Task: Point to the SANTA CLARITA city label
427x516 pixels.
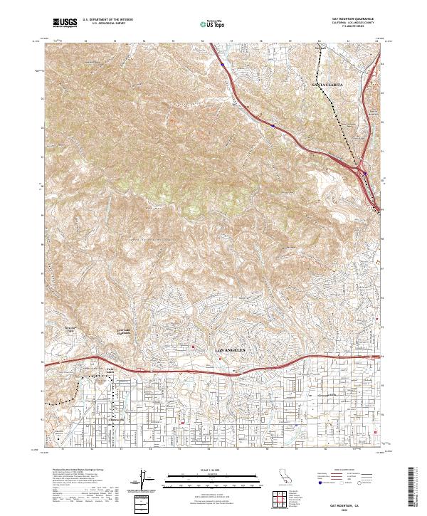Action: pyautogui.click(x=328, y=85)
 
